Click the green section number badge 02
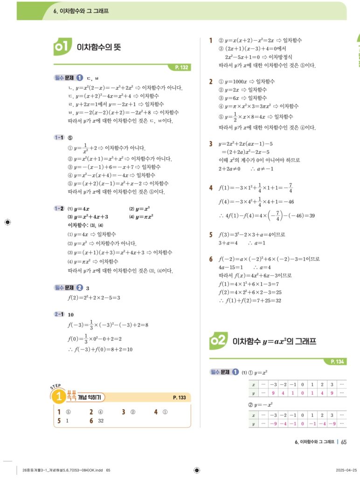coord(218,341)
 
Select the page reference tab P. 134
coord(336,361)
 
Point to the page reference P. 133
coord(179,398)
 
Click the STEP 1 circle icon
coord(58,397)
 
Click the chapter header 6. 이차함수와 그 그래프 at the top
coord(81,10)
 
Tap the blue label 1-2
coord(59,209)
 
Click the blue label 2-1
coord(59,315)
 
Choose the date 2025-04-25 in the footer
coord(346,470)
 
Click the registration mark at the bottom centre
coord(196,470)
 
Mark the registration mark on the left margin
coord(7,222)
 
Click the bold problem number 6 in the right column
coord(211,259)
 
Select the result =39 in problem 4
coord(309,216)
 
